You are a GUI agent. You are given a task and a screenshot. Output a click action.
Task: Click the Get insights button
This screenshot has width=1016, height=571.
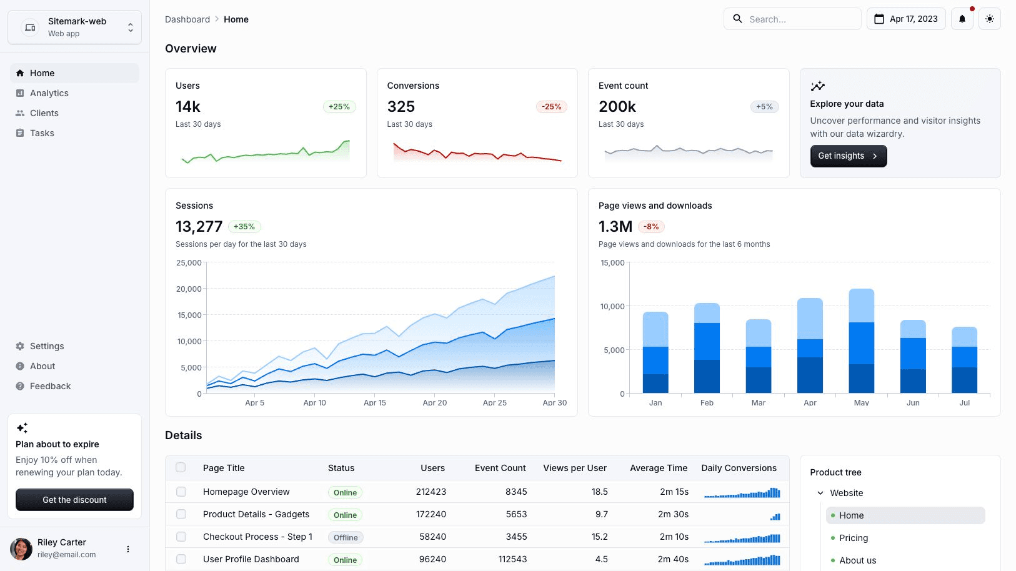(x=848, y=156)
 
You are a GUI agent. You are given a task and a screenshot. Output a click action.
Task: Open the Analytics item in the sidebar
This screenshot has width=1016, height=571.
(x=49, y=93)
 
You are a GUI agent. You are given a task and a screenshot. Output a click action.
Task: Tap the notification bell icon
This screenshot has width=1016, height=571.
(x=962, y=19)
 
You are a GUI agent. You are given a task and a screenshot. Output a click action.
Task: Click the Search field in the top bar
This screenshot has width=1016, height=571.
(x=792, y=19)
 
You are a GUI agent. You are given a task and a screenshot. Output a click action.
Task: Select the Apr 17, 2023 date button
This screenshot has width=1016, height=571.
(x=905, y=19)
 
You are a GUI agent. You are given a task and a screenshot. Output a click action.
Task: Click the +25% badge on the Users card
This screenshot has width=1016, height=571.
(x=339, y=107)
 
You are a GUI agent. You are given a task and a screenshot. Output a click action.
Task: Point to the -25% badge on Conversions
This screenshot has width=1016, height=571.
(x=551, y=107)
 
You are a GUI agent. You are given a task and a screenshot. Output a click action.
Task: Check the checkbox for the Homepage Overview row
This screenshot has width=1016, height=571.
(x=181, y=492)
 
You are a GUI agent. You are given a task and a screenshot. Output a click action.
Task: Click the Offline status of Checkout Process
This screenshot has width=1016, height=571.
(x=346, y=537)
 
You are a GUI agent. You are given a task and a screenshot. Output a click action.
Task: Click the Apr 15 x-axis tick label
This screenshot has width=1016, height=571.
(x=375, y=403)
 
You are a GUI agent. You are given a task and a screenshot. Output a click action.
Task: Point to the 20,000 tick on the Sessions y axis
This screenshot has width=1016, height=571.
(x=189, y=289)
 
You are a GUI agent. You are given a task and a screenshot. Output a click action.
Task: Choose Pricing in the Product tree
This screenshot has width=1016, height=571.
(x=854, y=538)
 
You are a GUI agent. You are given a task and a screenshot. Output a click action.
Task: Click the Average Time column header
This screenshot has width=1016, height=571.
(x=658, y=468)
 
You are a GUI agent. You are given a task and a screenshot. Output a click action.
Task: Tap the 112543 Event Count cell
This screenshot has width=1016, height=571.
(x=512, y=559)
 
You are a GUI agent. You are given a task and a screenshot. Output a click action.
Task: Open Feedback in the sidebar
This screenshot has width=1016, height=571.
(x=50, y=386)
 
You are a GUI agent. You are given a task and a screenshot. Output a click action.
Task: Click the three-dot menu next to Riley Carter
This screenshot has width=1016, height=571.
(x=128, y=549)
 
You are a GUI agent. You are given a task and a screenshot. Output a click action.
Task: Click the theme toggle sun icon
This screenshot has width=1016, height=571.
(x=989, y=19)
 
